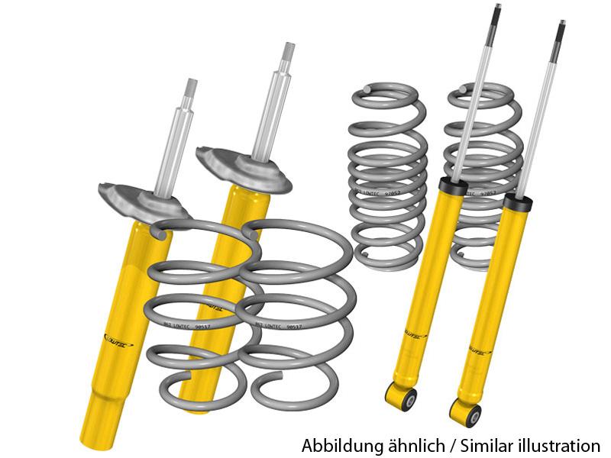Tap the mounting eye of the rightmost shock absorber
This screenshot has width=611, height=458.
(467, 413)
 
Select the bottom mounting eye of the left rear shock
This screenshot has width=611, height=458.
(402, 396)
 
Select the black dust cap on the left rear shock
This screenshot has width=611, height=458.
(453, 185)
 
